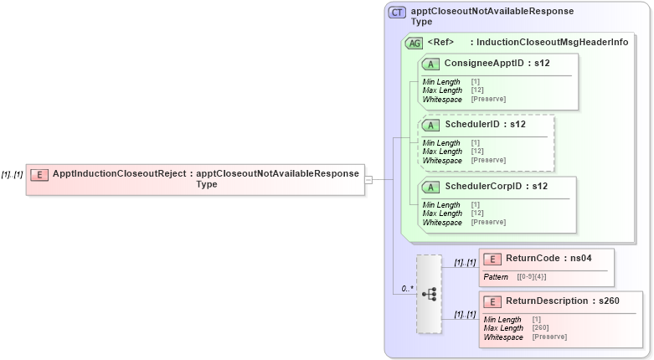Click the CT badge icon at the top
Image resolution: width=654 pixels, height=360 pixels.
pyautogui.click(x=398, y=13)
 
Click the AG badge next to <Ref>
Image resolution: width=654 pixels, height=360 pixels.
pyautogui.click(x=414, y=43)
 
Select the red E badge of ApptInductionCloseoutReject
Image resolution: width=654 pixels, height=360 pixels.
pyautogui.click(x=39, y=174)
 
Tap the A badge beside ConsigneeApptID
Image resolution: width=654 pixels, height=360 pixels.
pyautogui.click(x=432, y=64)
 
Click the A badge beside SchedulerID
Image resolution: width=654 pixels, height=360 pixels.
pyautogui.click(x=432, y=125)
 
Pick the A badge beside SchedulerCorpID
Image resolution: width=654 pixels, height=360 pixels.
pyautogui.click(x=432, y=187)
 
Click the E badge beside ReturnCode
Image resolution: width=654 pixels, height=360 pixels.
pyautogui.click(x=493, y=259)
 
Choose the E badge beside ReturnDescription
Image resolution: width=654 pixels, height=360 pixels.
pyautogui.click(x=493, y=301)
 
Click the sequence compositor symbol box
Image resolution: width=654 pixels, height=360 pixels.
pyautogui.click(x=429, y=294)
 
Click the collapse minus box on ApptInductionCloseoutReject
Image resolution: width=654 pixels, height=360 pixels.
pyautogui.click(x=368, y=178)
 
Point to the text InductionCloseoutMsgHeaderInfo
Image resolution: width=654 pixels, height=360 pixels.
pyautogui.click(x=553, y=42)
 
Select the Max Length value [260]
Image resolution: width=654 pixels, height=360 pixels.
pyautogui.click(x=541, y=327)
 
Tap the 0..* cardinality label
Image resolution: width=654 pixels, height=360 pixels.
pyautogui.click(x=407, y=289)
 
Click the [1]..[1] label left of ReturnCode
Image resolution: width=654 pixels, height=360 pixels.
pyautogui.click(x=465, y=263)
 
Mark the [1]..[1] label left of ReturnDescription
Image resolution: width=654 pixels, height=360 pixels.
pyautogui.click(x=465, y=315)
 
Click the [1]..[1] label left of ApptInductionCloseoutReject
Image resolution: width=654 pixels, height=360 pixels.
pyautogui.click(x=12, y=174)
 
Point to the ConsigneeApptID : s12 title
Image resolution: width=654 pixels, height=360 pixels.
pyautogui.click(x=497, y=64)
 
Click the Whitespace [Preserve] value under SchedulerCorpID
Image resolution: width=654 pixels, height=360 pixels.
pyautogui.click(x=487, y=222)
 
